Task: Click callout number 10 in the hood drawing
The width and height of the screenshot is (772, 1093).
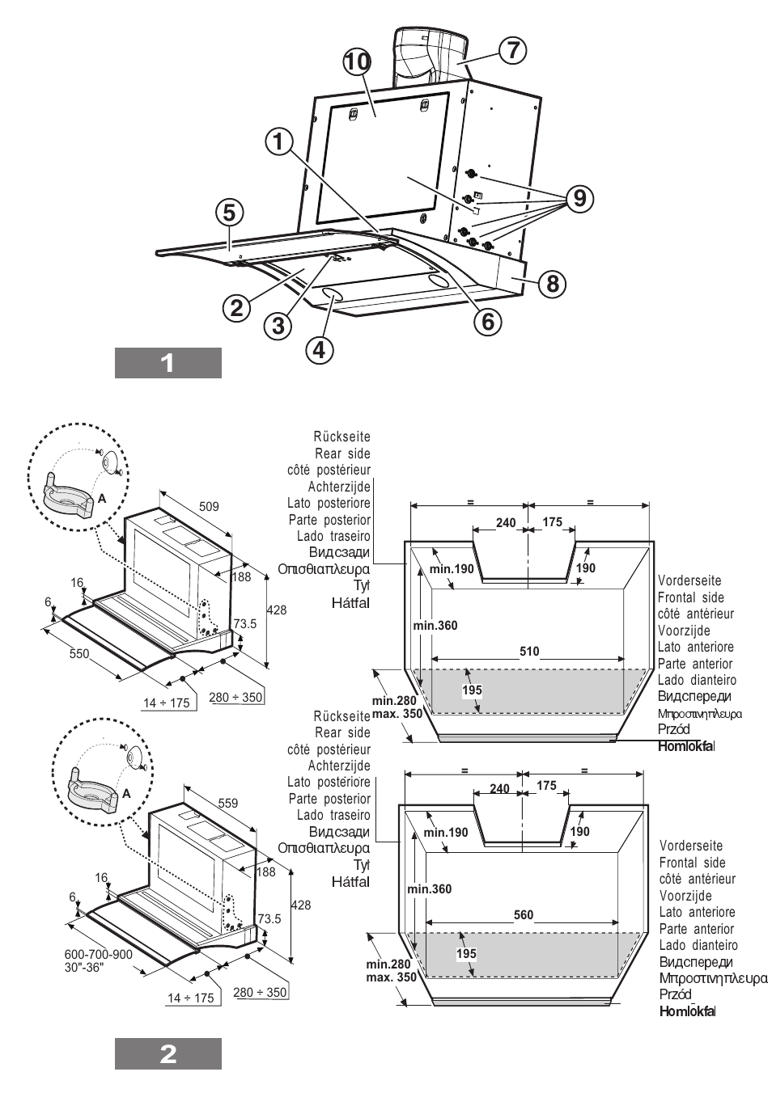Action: click(356, 62)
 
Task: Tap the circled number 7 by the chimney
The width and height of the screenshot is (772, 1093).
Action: click(511, 49)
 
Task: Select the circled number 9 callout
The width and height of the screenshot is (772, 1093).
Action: click(578, 196)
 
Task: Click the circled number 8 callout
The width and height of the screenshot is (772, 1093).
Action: click(552, 283)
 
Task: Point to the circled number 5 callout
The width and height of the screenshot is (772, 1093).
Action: click(229, 213)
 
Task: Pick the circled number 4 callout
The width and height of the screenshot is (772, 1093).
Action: click(319, 349)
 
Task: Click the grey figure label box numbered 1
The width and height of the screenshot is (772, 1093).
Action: click(168, 363)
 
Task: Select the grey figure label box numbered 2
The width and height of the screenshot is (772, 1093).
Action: click(168, 1054)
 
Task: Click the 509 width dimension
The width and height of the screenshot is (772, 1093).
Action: click(209, 507)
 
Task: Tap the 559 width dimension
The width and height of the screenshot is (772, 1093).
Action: click(228, 804)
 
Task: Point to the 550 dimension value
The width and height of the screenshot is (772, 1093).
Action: click(79, 653)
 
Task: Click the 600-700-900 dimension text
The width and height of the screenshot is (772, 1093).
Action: click(99, 954)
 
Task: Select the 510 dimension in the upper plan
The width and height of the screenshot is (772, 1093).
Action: click(529, 652)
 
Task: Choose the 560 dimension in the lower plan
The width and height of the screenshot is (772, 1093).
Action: click(524, 915)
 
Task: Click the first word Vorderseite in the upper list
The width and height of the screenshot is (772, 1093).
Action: click(689, 580)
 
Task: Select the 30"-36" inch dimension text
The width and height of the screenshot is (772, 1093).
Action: click(84, 968)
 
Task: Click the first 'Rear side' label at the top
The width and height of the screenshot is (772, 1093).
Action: click(342, 454)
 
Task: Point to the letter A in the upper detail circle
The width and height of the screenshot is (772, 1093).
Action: click(102, 500)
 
